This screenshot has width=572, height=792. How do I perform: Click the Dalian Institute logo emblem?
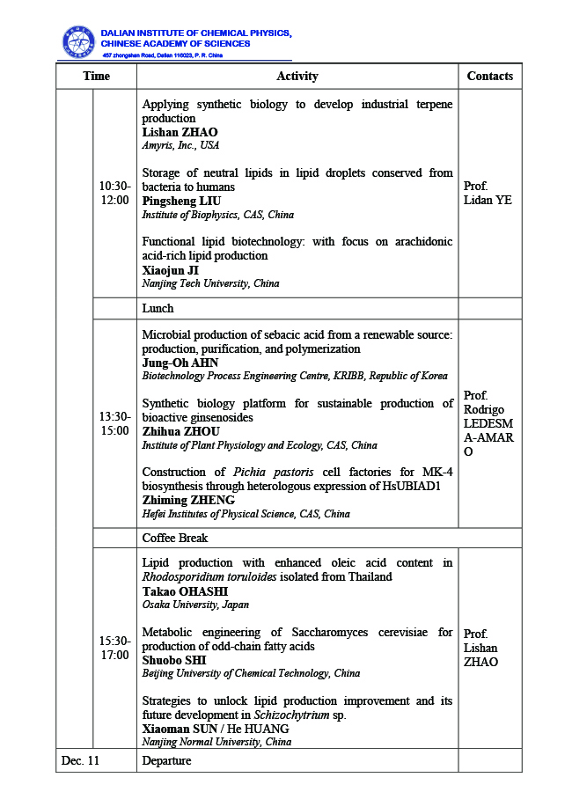[78, 41]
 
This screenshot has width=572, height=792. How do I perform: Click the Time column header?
[97, 77]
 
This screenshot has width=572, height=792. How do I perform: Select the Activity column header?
[297, 77]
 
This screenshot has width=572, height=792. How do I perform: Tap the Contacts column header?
[490, 77]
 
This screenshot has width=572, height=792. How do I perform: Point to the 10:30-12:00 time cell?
[114, 194]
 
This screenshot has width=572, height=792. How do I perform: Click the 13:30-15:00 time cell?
[114, 423]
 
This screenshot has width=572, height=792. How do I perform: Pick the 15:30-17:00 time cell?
[114, 648]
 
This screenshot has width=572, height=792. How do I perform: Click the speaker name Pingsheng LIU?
[180, 202]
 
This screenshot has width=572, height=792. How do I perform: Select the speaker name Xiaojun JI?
[172, 270]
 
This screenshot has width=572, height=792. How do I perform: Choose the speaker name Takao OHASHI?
[185, 591]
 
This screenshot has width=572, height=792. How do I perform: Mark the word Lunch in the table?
[158, 309]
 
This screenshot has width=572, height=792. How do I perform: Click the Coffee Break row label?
[175, 538]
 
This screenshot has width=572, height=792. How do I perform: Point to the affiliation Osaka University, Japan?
[195, 605]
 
